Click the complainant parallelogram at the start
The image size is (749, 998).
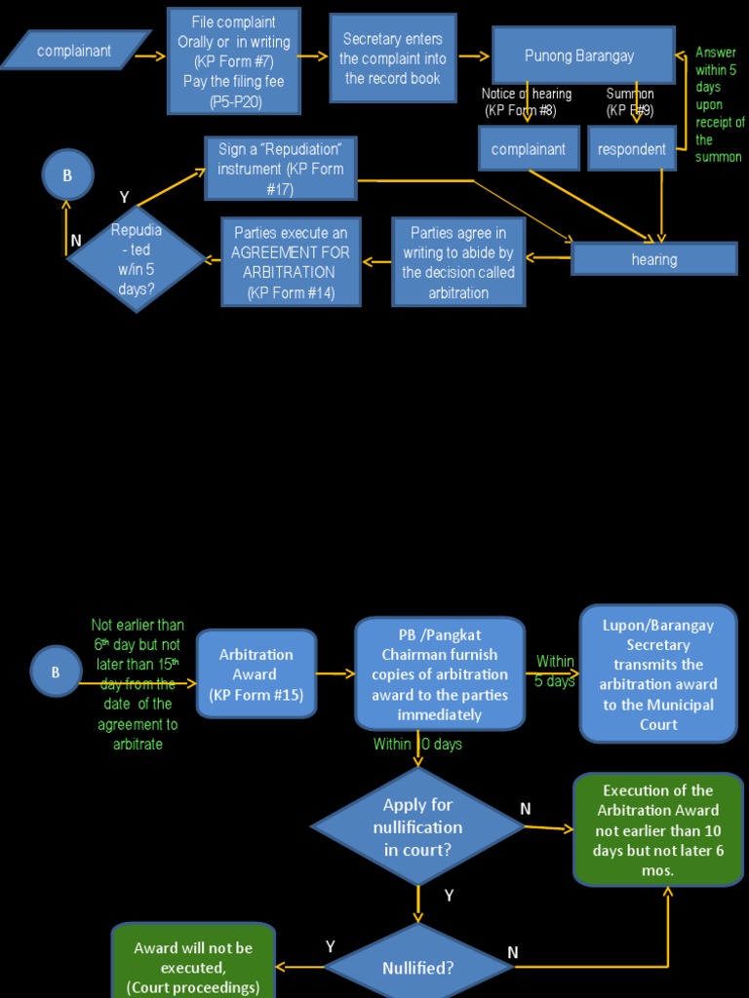click(75, 51)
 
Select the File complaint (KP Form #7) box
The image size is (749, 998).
click(234, 61)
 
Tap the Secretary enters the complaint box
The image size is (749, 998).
click(393, 58)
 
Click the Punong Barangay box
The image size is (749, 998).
click(582, 56)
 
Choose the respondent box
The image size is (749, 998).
click(631, 149)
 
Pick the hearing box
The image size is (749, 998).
click(653, 259)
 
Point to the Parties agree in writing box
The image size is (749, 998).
click(458, 262)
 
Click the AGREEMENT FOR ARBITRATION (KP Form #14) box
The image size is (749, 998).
click(291, 262)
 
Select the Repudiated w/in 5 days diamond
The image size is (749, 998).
click(137, 259)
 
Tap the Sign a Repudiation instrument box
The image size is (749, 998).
click(281, 168)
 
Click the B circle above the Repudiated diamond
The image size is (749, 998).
click(67, 175)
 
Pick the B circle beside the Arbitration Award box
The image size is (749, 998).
click(56, 672)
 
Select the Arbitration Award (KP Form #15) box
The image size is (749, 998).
click(256, 674)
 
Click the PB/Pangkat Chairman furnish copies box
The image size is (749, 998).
click(439, 673)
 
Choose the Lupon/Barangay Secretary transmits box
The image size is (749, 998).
click(658, 674)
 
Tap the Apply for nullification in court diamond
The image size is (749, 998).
click(417, 826)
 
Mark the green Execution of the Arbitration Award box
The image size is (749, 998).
click(658, 829)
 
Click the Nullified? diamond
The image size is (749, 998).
click(417, 968)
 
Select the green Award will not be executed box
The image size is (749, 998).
click(193, 963)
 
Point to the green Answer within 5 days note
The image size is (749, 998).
click(718, 104)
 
